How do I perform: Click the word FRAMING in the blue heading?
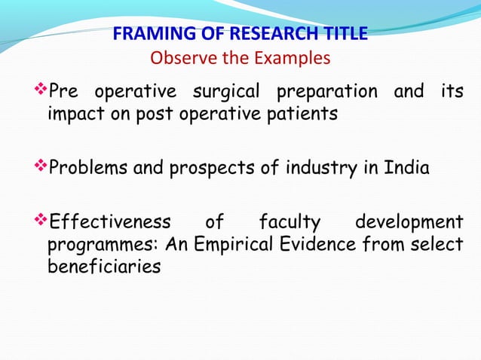pos(146,35)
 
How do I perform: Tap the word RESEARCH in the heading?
pos(253,35)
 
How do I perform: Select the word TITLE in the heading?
pos(342,35)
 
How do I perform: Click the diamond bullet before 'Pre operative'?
pos(41,92)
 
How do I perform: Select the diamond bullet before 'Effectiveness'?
pos(41,222)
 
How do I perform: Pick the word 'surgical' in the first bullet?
pos(224,93)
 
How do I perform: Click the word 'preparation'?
pos(327,93)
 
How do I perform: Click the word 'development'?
pos(409,223)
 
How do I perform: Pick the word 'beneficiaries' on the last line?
pos(103,267)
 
